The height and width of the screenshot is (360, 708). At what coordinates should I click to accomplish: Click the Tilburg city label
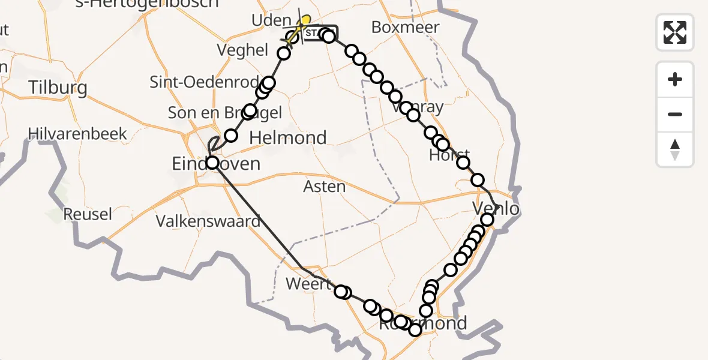[x=58, y=88]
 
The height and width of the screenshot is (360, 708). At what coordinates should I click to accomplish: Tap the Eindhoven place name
[x=216, y=163]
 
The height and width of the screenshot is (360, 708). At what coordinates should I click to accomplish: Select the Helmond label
[x=287, y=138]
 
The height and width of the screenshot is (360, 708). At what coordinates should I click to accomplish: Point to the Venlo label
[x=496, y=209]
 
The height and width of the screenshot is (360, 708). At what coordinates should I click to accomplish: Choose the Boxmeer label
[x=405, y=27]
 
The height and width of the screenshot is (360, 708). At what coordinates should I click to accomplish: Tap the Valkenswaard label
[x=208, y=221]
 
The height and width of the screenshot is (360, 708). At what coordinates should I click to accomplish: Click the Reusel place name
[x=88, y=214]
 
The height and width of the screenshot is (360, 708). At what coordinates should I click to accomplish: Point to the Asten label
[x=325, y=187]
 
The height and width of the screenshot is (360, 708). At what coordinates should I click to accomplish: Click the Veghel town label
[x=243, y=50]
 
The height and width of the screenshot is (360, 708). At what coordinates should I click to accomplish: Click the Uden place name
[x=271, y=21]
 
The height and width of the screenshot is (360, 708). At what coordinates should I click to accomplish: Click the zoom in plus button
[x=675, y=79]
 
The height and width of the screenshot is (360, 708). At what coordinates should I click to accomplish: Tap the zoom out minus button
[x=675, y=114]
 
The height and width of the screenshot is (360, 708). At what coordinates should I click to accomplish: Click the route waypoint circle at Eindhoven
[x=212, y=163]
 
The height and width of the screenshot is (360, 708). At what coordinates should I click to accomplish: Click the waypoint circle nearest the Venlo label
[x=487, y=220]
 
